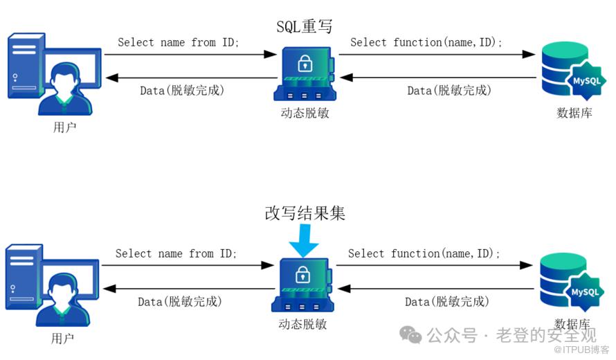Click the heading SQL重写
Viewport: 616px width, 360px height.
pos(305,27)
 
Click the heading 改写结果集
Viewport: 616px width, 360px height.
pos(305,213)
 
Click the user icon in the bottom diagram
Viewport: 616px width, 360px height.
pos(48,287)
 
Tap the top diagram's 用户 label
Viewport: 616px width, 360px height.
pos(64,127)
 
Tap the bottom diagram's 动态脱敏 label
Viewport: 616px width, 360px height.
pos(302,323)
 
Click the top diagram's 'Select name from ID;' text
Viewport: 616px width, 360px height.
pos(179,42)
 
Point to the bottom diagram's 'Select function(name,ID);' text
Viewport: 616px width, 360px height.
pos(424,253)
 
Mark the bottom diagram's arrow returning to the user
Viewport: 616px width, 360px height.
pos(187,289)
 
